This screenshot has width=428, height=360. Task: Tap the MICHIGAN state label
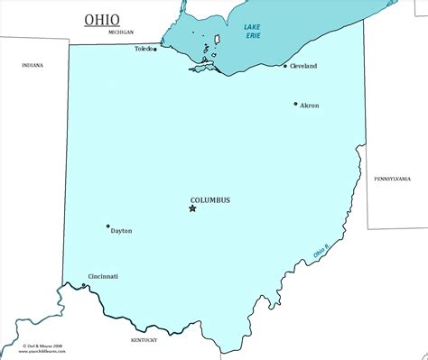[120, 32]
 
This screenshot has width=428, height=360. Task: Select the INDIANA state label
[33, 65]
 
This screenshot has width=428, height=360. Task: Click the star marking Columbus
[191, 209]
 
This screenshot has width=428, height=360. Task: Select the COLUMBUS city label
[210, 199]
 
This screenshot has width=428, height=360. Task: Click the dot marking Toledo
[154, 49]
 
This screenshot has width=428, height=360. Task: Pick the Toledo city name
[143, 49]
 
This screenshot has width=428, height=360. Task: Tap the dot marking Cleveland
[285, 66]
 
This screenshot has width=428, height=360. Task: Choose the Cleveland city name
[303, 67]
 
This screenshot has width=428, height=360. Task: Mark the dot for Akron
[295, 104]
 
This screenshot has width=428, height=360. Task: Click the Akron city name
[309, 106]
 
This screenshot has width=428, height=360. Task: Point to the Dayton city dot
[107, 226]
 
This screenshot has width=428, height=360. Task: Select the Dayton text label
[121, 231]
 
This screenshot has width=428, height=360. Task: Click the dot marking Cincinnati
[84, 286]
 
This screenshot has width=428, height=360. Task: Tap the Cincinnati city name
[103, 276]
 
